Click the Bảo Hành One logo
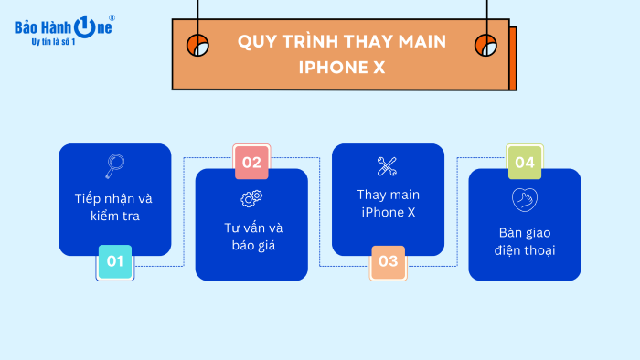pyautogui.click(x=64, y=28)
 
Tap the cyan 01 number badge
pyautogui.click(x=115, y=262)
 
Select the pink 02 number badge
pyautogui.click(x=251, y=163)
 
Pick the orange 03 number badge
pyautogui.click(x=389, y=262)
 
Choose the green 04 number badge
pyautogui.click(x=525, y=163)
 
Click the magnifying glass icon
pyautogui.click(x=114, y=166)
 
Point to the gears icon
pyautogui.click(x=251, y=198)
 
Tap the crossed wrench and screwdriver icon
pyautogui.click(x=388, y=166)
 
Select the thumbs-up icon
pyautogui.click(x=525, y=198)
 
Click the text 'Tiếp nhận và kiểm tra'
pyautogui.click(x=114, y=207)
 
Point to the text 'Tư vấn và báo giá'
pyautogui.click(x=251, y=236)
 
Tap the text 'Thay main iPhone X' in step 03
pyautogui.click(x=388, y=203)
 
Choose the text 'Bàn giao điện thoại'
pyautogui.click(x=525, y=240)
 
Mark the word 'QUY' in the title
pyautogui.click(x=256, y=42)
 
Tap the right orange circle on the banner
pyautogui.click(x=485, y=45)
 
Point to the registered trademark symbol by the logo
pyautogui.click(x=112, y=17)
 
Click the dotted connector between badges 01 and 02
pyautogui.click(x=184, y=210)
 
